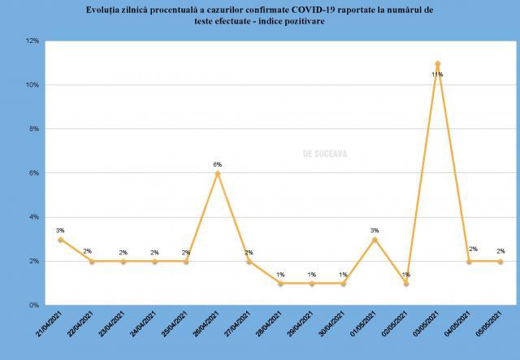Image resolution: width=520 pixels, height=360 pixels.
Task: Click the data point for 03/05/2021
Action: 438,63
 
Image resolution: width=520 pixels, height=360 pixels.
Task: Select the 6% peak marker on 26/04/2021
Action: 218,173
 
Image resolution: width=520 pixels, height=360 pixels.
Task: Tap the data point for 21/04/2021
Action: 60,239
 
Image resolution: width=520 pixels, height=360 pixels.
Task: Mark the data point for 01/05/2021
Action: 375,239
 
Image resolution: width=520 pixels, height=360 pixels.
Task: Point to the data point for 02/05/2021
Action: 406,283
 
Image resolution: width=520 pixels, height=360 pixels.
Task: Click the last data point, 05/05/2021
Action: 500,261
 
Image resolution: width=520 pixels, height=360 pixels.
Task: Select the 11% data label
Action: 437,75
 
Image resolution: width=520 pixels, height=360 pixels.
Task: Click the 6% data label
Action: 218,164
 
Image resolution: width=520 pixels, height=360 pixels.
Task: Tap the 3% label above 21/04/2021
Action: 60,230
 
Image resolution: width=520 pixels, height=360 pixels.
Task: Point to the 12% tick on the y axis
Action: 32,41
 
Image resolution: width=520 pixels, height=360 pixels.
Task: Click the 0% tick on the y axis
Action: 34,305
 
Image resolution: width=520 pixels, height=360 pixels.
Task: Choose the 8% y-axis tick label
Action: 34,128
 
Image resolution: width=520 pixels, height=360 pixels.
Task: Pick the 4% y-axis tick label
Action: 34,217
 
